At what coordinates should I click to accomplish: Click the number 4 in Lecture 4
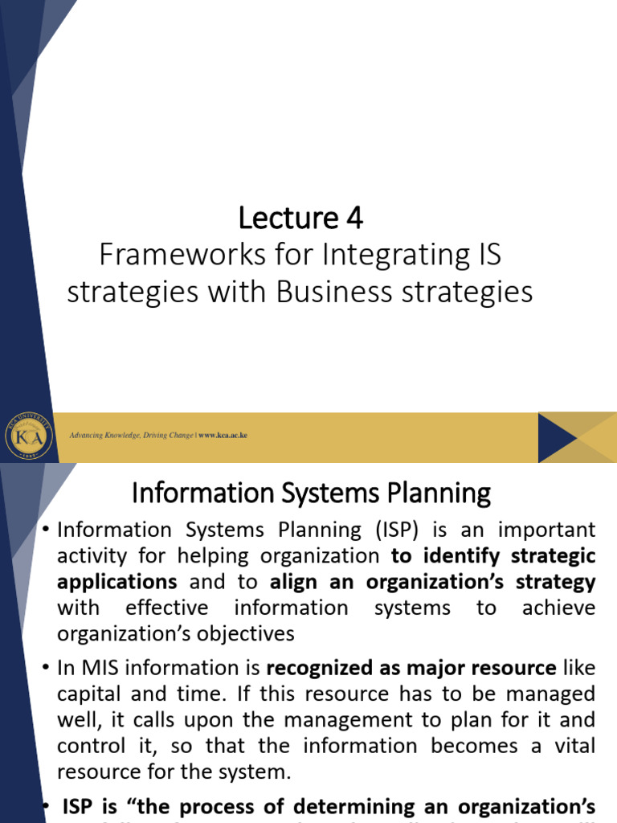(354, 218)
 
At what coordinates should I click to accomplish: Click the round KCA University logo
(29, 435)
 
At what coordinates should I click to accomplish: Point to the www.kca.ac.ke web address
(223, 435)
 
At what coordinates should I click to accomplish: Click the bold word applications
(117, 582)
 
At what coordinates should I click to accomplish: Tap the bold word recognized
(326, 668)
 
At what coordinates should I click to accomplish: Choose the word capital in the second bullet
(89, 694)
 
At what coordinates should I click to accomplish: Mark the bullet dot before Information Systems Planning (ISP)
(45, 530)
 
